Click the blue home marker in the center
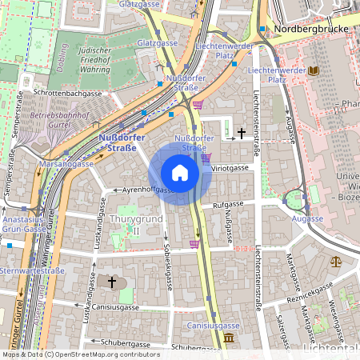pos(180,173)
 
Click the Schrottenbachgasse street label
pos(67,94)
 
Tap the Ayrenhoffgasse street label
pos(144,190)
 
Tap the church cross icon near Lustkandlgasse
pos(112,282)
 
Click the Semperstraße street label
pos(18,114)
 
